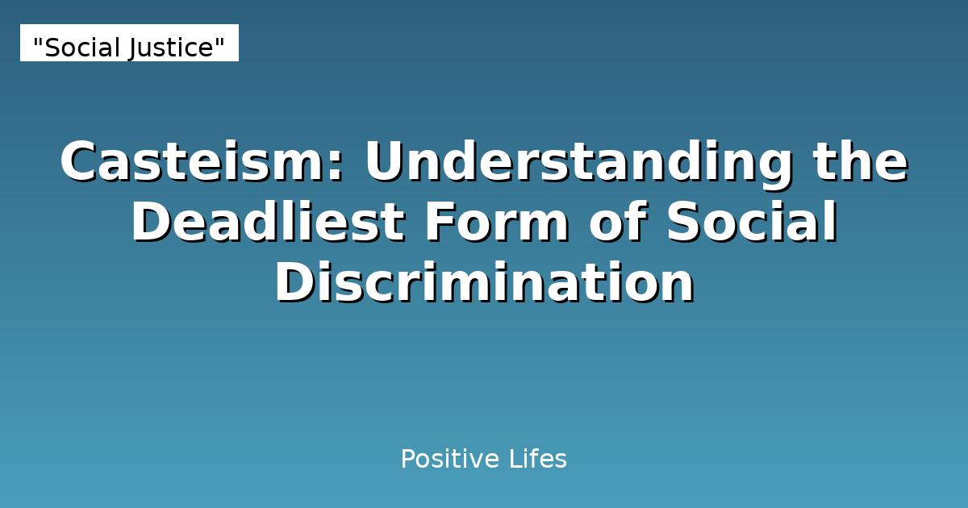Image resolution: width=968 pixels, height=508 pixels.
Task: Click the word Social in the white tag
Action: coord(81,48)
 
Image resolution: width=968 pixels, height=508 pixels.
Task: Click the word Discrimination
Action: coord(484,284)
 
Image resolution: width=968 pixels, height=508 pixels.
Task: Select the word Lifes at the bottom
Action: coord(538,460)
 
